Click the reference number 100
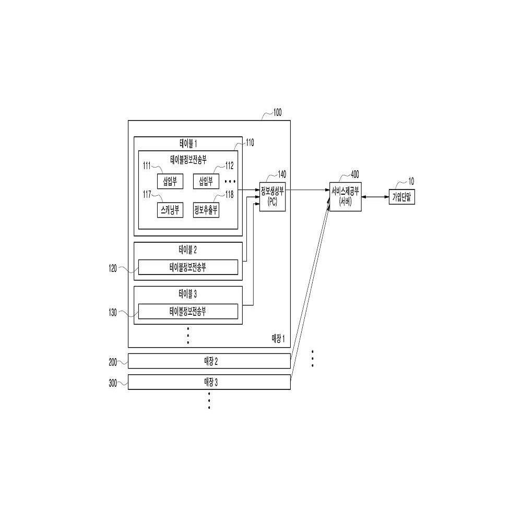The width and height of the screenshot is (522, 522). pos(277,113)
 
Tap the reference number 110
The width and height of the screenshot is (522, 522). pos(250,143)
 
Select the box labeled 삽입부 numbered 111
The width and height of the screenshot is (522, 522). pos(170,182)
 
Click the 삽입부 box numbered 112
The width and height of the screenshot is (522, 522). pos(206,182)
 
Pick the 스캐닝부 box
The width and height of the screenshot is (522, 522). pos(170,210)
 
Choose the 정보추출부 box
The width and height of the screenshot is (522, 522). pos(206,210)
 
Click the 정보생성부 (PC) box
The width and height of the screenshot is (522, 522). pos(272,197)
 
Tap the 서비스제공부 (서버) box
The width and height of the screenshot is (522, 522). pos(345,197)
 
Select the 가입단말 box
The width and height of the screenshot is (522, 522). pos(402,197)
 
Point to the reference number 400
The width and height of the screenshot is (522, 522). pos(355,174)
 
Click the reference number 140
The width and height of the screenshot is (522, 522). pos(282,174)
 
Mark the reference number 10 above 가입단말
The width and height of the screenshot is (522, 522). pos(411,182)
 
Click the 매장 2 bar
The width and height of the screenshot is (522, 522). pos(209,361)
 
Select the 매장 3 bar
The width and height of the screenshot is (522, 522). pos(209,382)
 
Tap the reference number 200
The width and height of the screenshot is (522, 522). pos(113,362)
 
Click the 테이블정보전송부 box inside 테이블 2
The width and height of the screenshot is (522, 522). pos(188,267)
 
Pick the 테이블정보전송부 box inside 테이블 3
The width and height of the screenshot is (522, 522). pos(188,312)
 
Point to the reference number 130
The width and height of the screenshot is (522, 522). pos(113,313)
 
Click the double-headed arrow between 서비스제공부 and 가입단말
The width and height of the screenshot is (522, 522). pos(375,197)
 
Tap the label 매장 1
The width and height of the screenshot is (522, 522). pos(278,339)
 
